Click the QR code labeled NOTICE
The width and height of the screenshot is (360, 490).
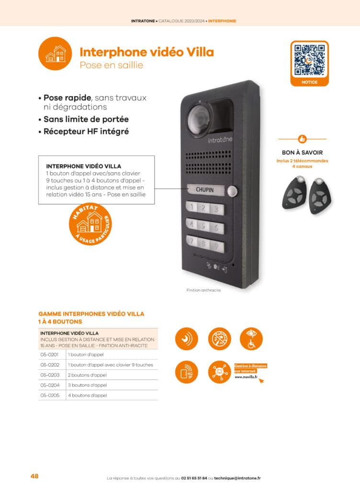pos(309,60)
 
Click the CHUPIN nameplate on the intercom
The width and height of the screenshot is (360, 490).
pos(204,190)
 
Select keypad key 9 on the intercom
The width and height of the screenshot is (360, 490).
pos(217,247)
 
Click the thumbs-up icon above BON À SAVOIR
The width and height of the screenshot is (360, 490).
pos(302,139)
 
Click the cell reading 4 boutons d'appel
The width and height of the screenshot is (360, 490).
pos(88,395)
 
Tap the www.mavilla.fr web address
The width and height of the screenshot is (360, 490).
pos(246,377)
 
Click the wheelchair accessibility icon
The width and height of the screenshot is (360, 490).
pos(251,338)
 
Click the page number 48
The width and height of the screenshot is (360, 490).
pos(34,476)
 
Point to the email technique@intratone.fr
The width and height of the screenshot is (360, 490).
pos(237,478)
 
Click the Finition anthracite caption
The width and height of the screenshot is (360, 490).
pos(203,290)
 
